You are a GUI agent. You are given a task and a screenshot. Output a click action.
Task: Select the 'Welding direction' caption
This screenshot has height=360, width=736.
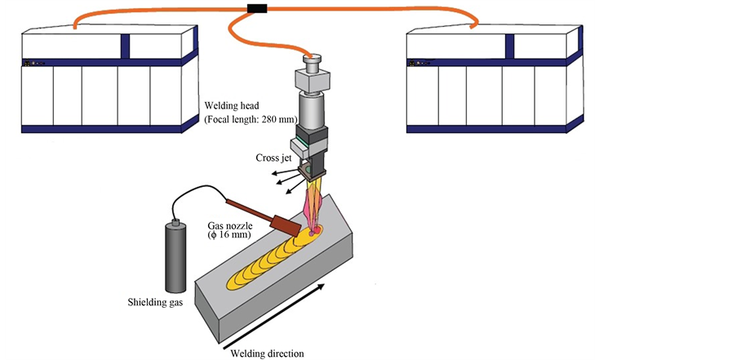(x=267, y=353)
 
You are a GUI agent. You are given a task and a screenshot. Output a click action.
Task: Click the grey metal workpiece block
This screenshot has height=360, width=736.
(x=277, y=286)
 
